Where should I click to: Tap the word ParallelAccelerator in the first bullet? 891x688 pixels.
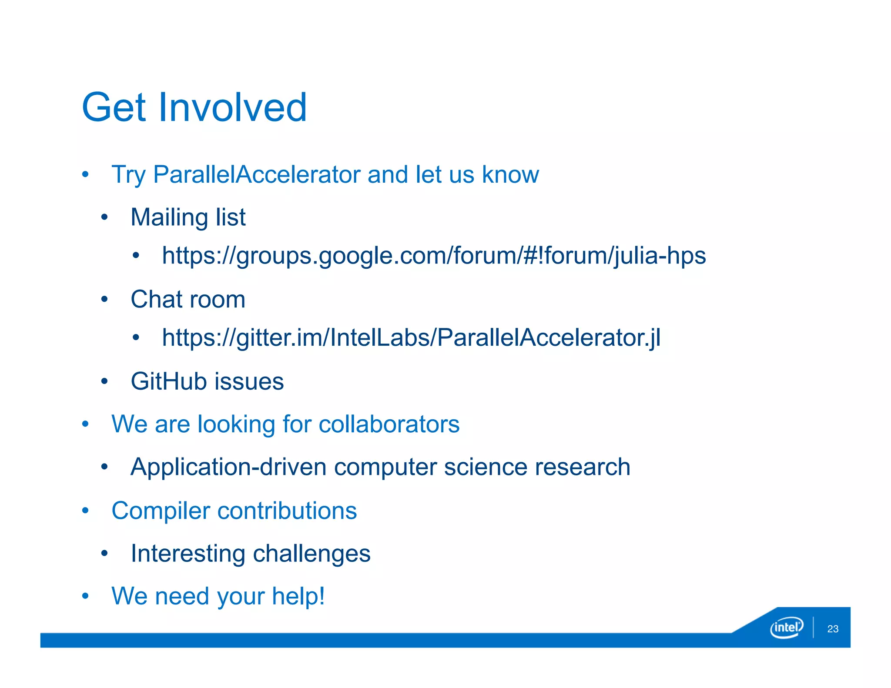click(257, 175)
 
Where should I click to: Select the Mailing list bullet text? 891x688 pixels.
click(188, 217)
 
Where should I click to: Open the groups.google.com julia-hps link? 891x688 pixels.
click(433, 255)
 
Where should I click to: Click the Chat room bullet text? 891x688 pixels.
click(188, 299)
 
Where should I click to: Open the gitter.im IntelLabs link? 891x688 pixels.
click(411, 337)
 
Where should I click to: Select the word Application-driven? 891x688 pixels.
click(228, 467)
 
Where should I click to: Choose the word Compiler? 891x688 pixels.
click(161, 511)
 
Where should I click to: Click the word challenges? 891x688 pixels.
click(312, 554)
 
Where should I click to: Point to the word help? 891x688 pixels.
click(298, 596)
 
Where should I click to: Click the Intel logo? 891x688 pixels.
click(786, 628)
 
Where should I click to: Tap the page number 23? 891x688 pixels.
click(833, 629)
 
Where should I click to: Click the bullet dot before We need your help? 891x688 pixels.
click(85, 596)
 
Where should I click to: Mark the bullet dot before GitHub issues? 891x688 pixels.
click(104, 381)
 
